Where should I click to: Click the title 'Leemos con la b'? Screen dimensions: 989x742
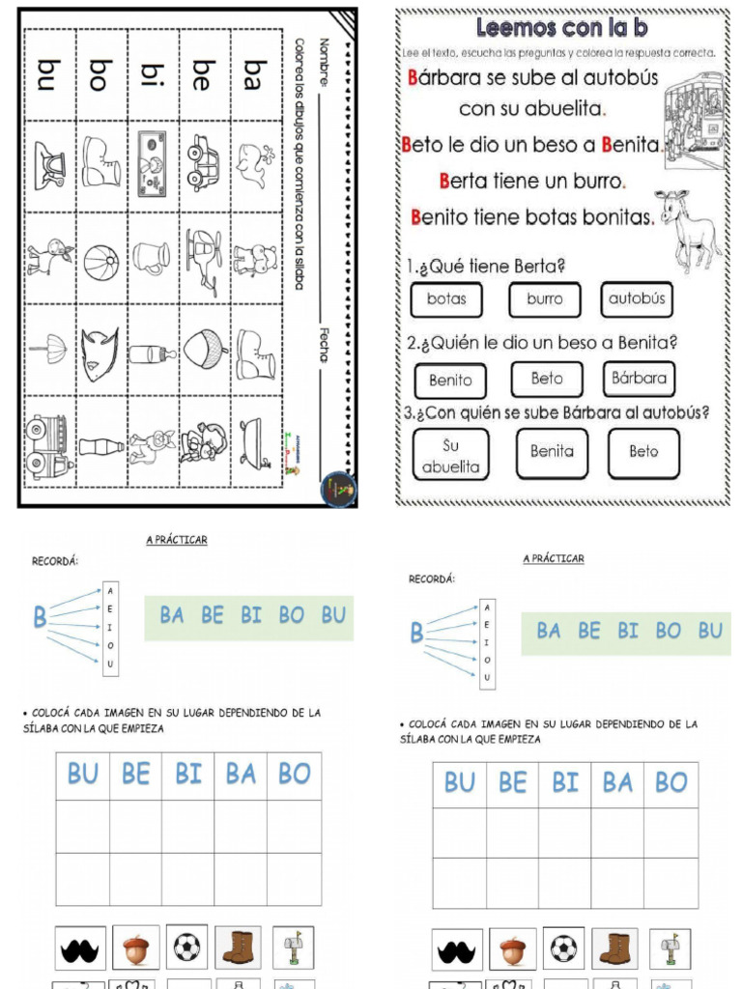[x=561, y=26]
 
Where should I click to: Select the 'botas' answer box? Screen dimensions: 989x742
[x=446, y=299]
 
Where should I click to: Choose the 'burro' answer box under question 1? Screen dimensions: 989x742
[x=545, y=299]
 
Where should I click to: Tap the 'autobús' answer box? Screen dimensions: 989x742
[x=637, y=299]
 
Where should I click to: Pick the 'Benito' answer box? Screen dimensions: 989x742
[x=450, y=380]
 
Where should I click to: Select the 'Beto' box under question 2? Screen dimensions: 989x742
[x=547, y=379]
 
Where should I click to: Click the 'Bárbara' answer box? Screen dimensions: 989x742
[x=639, y=379]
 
